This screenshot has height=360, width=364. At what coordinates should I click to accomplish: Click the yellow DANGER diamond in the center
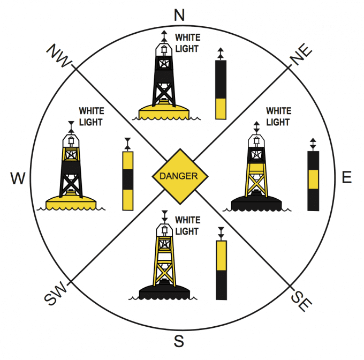pyautogui.click(x=179, y=176)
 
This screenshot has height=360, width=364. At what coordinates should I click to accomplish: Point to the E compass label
pyautogui.click(x=347, y=177)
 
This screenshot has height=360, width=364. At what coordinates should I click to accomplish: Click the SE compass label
pyautogui.click(x=300, y=300)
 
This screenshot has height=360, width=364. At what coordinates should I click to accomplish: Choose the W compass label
pyautogui.click(x=18, y=179)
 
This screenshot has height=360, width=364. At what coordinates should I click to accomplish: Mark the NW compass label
pyautogui.click(x=58, y=55)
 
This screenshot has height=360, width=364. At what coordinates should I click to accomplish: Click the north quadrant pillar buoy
pyautogui.click(x=220, y=89)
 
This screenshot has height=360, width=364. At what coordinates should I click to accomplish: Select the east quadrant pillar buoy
pyautogui.click(x=313, y=181)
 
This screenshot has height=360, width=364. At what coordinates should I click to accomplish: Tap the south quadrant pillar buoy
pyautogui.click(x=221, y=269)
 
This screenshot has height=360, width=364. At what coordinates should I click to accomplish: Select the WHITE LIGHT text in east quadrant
pyautogui.click(x=278, y=116)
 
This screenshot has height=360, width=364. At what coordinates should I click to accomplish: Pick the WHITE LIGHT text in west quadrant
pyautogui.click(x=91, y=116)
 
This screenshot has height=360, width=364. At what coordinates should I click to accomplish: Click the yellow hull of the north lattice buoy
pyautogui.click(x=164, y=111)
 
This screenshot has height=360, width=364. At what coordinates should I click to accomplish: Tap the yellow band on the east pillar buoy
pyautogui.click(x=313, y=179)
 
